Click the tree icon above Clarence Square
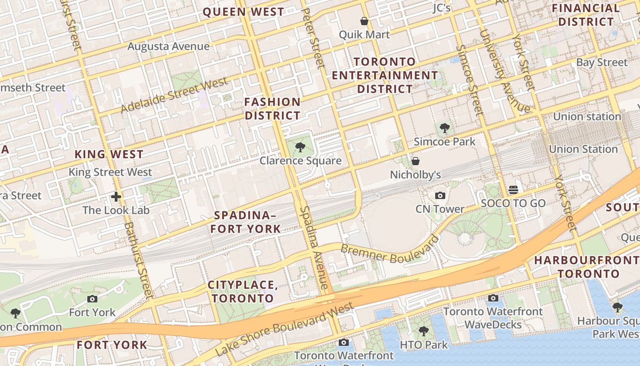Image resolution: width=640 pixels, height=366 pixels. [x=300, y=147]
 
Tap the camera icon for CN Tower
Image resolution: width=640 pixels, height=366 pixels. [x=440, y=196]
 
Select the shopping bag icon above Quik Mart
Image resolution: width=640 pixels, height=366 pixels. [x=364, y=21]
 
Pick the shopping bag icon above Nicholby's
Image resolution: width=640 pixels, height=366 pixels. [x=416, y=161]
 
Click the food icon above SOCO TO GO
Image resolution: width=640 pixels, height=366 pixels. [x=513, y=189]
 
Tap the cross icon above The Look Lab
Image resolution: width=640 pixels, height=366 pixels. [x=116, y=197]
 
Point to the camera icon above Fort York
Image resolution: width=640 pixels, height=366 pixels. [x=92, y=299]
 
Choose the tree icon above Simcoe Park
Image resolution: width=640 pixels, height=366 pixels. [x=444, y=128]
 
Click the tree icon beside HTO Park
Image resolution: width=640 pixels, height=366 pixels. [x=424, y=331]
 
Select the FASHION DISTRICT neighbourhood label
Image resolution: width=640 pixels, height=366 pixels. [x=272, y=108]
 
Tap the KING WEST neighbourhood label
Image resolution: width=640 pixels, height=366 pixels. [x=109, y=154]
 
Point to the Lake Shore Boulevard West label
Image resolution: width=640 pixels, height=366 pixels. [x=284, y=328]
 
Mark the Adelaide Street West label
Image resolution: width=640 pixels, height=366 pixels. [x=174, y=95]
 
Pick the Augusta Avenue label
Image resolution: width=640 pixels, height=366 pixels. [x=168, y=46]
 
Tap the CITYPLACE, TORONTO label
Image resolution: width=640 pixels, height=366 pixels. [x=243, y=292]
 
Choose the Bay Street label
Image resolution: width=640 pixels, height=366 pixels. [x=602, y=62]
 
